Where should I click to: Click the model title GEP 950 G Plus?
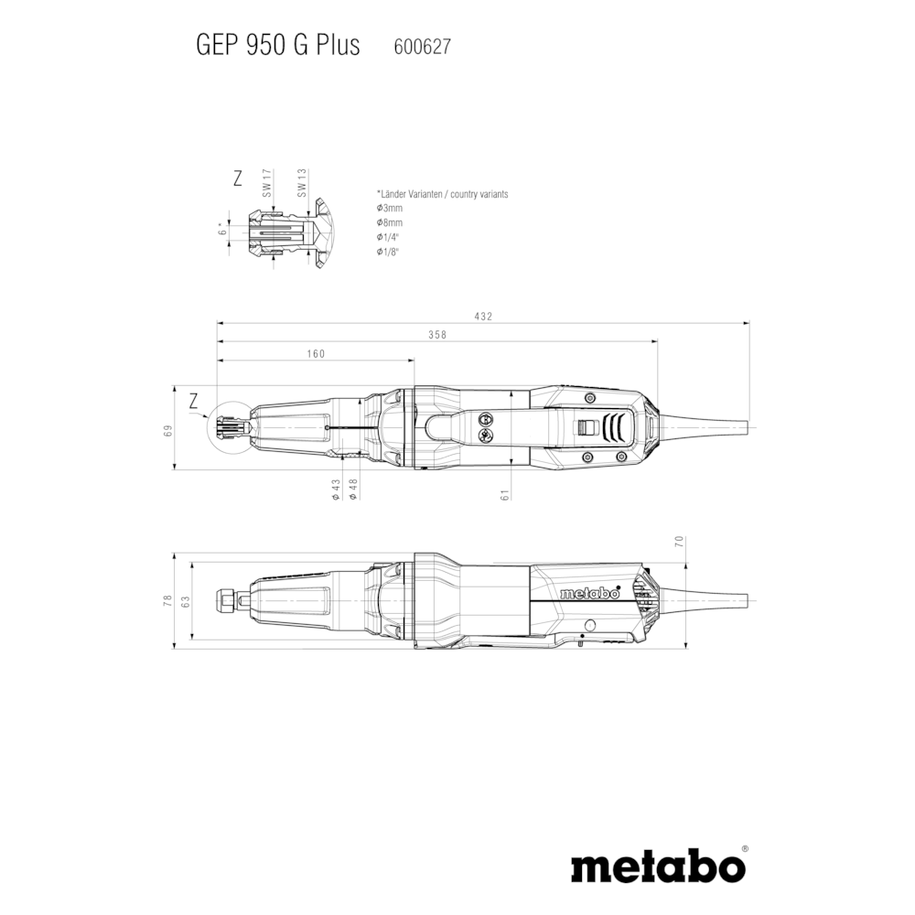(x=278, y=46)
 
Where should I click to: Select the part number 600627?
(x=423, y=47)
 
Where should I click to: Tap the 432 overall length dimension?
(x=484, y=317)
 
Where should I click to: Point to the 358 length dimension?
(x=437, y=334)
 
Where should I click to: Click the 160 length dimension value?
(x=316, y=353)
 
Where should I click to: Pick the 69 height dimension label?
(x=168, y=431)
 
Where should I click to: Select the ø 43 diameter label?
(x=336, y=489)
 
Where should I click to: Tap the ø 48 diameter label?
(x=353, y=489)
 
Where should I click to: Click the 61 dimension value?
(x=505, y=494)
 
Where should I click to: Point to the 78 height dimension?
(x=168, y=599)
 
